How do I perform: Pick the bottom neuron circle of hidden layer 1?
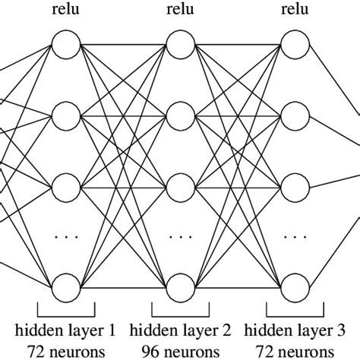pyautogui.click(x=66, y=287)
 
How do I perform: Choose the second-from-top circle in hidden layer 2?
pyautogui.click(x=180, y=115)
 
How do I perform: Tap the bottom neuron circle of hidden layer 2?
pyautogui.click(x=180, y=287)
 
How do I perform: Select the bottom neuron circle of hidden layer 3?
pyautogui.click(x=295, y=287)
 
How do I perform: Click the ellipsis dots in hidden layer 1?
pyautogui.click(x=66, y=237)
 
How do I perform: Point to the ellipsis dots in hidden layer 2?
pyautogui.click(x=180, y=237)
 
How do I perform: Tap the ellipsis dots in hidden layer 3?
pyautogui.click(x=295, y=237)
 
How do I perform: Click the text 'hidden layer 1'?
pyautogui.click(x=66, y=331)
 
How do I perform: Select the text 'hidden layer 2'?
pyautogui.click(x=180, y=331)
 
